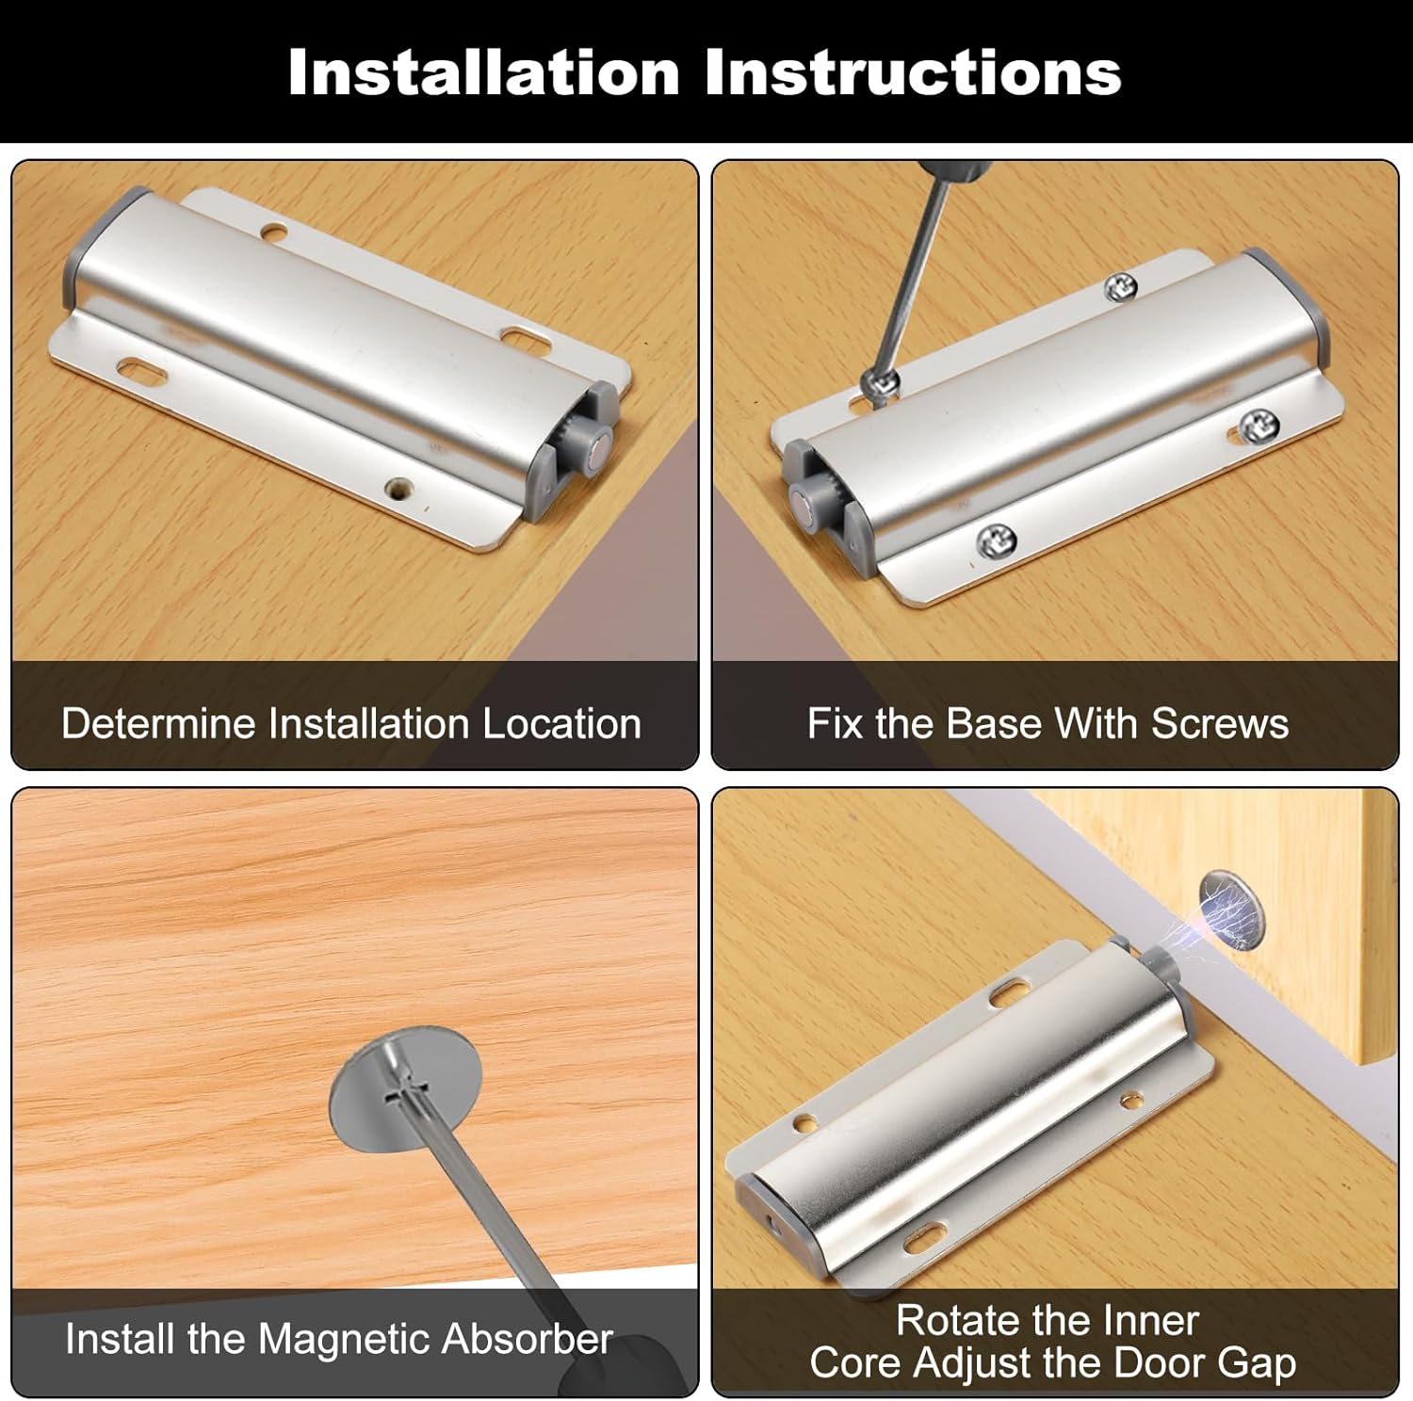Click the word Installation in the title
(x=484, y=72)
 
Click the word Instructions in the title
(x=913, y=72)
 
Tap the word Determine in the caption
(x=159, y=724)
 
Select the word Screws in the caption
(x=1220, y=724)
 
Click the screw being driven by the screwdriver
(x=884, y=382)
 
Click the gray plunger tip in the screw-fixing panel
(x=805, y=502)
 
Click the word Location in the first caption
(x=561, y=724)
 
